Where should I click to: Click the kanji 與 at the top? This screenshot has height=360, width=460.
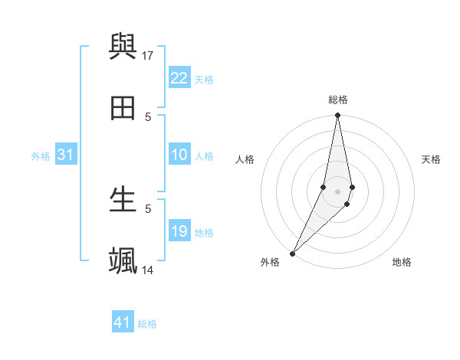click(x=123, y=47)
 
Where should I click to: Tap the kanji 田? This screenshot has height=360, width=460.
click(x=123, y=109)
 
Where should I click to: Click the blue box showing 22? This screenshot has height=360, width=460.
click(x=179, y=78)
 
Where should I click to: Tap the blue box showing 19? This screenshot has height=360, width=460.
click(x=179, y=231)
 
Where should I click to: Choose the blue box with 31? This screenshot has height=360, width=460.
click(x=66, y=155)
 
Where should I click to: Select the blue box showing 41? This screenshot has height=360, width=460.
click(x=123, y=322)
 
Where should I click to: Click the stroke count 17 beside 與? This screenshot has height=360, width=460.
click(x=149, y=55)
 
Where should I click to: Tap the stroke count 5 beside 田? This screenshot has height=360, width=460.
click(x=149, y=116)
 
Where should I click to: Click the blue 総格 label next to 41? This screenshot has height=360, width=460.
click(x=147, y=324)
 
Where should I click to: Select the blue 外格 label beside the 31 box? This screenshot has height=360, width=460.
click(x=41, y=156)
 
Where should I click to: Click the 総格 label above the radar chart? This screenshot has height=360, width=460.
click(x=338, y=100)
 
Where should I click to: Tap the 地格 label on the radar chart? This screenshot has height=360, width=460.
click(x=402, y=262)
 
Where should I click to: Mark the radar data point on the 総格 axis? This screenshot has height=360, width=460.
click(x=338, y=116)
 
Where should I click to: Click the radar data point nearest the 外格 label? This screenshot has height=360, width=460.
click(x=293, y=253)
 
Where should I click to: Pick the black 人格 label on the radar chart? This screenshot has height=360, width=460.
click(x=245, y=159)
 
